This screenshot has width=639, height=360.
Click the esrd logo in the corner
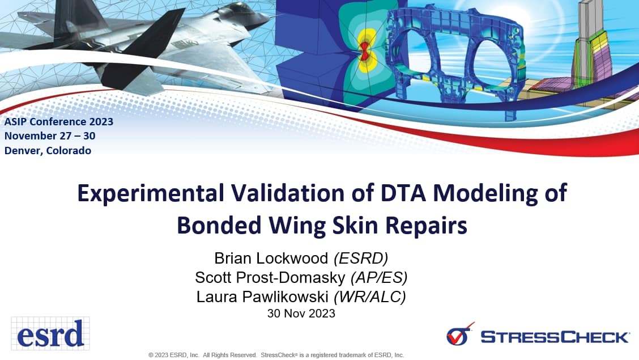(x=50, y=333)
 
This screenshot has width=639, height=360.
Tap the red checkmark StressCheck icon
(x=460, y=334)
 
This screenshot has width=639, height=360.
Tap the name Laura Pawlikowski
(x=263, y=297)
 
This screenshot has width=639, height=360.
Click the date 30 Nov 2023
(x=301, y=313)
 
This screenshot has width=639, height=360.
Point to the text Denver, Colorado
(x=48, y=151)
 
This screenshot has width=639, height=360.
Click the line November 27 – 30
(x=50, y=136)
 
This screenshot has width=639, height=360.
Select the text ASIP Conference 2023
(x=59, y=121)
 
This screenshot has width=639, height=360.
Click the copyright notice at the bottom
(x=276, y=355)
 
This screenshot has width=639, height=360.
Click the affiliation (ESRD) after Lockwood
(x=361, y=259)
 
